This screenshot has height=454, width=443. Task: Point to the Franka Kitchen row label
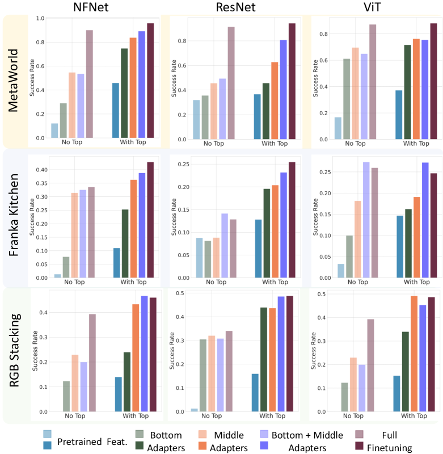coord(18,218)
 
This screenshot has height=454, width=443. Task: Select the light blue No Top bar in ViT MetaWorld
coord(337,128)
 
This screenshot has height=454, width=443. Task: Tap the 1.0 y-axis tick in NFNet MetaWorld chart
coord(40,18)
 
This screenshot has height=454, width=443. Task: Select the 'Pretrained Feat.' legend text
coord(85,442)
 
